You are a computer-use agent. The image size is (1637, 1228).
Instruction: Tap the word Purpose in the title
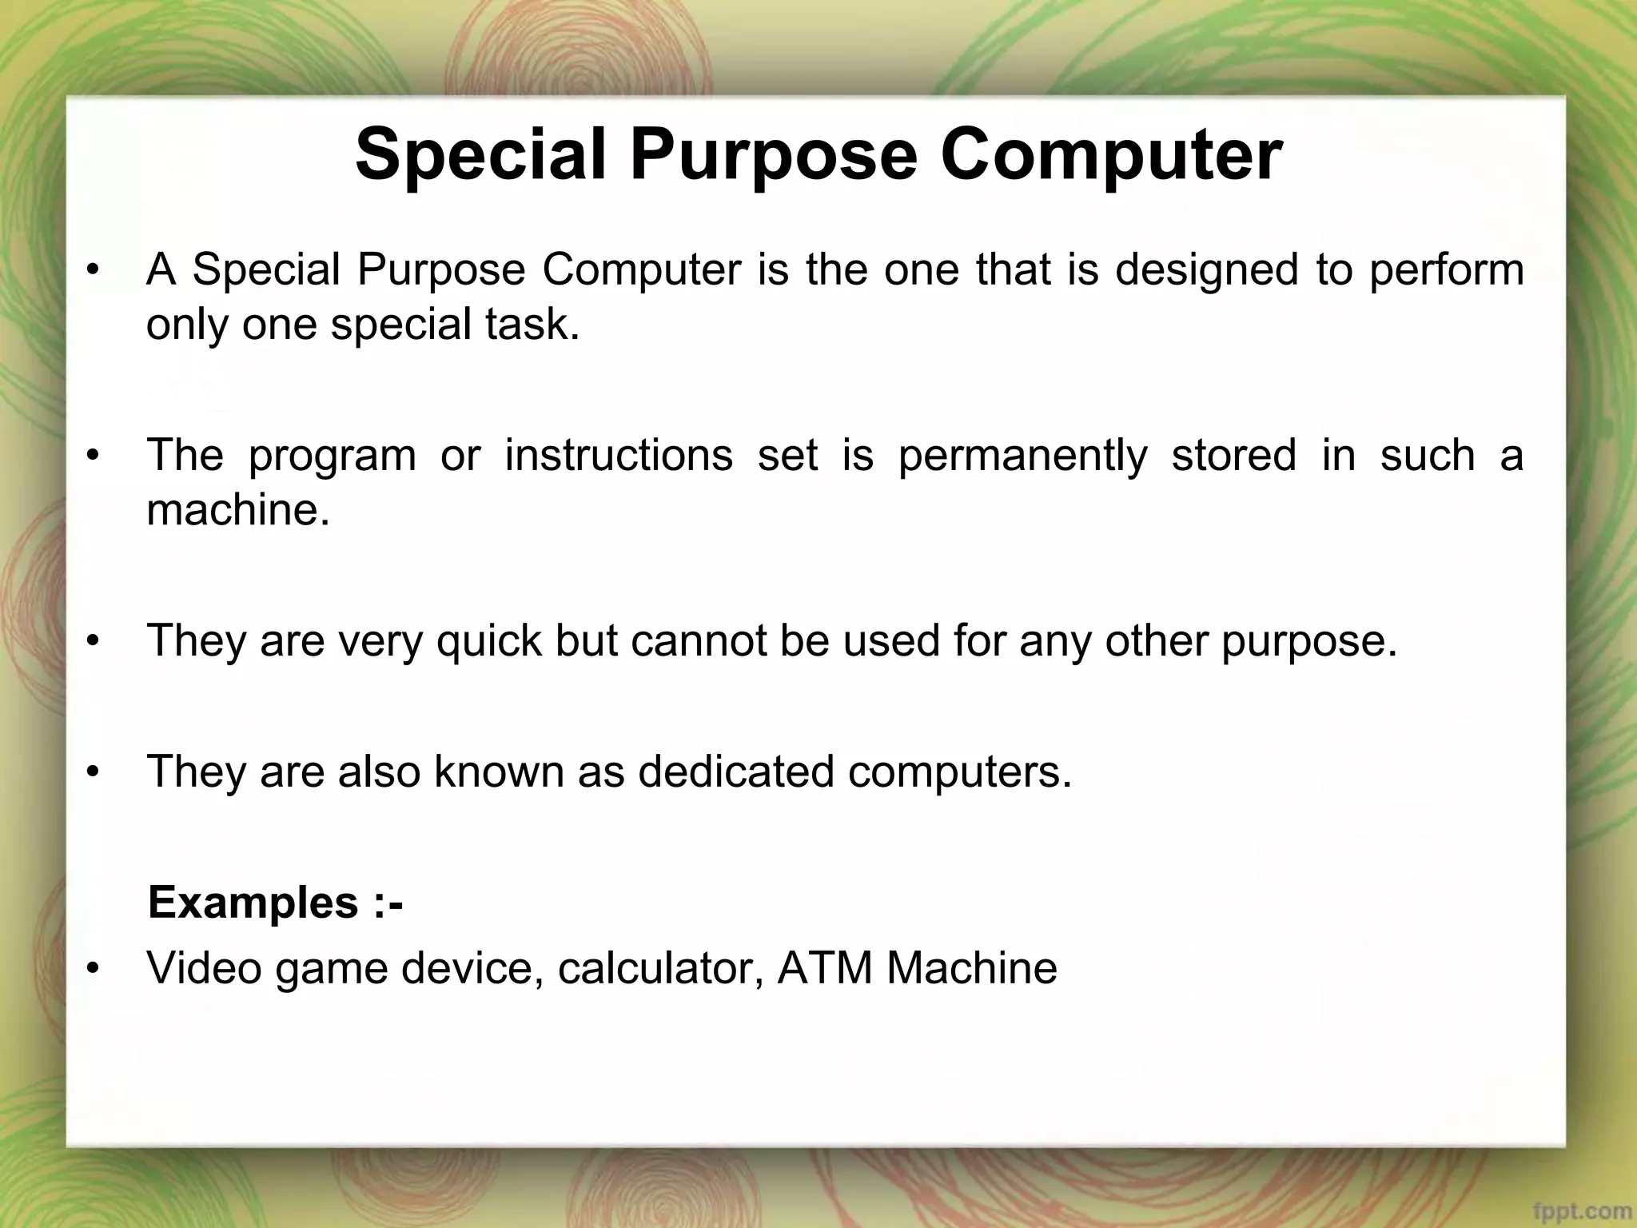(x=773, y=155)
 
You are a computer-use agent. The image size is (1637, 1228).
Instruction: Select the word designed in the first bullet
(x=1206, y=270)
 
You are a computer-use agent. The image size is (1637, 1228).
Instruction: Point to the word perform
(x=1447, y=270)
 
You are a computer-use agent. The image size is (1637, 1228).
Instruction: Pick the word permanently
(x=1022, y=456)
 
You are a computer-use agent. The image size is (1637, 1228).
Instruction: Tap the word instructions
(x=619, y=456)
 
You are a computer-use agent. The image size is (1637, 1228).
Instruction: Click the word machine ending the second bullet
(x=237, y=509)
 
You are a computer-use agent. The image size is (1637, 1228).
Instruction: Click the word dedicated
(x=735, y=772)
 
